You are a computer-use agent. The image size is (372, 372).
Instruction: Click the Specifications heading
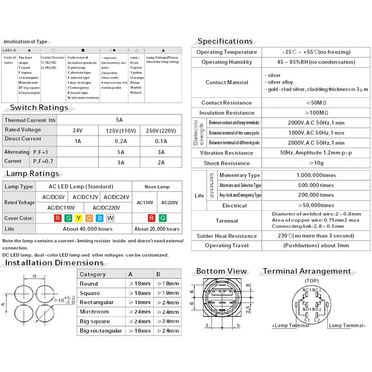[x=225, y=41]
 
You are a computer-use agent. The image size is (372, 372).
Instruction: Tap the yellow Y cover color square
[x=79, y=218]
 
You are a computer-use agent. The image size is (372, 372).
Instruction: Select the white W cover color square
[x=110, y=218]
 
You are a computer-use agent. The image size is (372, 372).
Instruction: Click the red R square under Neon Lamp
[x=152, y=218]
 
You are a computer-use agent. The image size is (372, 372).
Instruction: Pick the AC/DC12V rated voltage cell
[x=86, y=197]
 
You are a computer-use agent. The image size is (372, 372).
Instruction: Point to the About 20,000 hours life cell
[x=157, y=229]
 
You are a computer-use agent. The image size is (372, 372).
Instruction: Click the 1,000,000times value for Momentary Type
[x=316, y=175]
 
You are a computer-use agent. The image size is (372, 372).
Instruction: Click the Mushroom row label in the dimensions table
[x=94, y=312]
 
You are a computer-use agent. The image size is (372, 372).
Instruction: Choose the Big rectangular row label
[x=100, y=331]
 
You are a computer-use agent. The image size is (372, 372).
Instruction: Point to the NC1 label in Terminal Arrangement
[x=306, y=290]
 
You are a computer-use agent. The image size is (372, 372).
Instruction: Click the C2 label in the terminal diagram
[x=317, y=320]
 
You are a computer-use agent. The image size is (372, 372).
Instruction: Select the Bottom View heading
[x=221, y=271]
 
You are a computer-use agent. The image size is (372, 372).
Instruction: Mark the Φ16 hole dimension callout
[x=63, y=300]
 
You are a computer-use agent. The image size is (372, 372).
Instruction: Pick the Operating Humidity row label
[x=226, y=62]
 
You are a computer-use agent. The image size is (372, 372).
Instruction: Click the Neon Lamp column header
[x=157, y=186]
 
